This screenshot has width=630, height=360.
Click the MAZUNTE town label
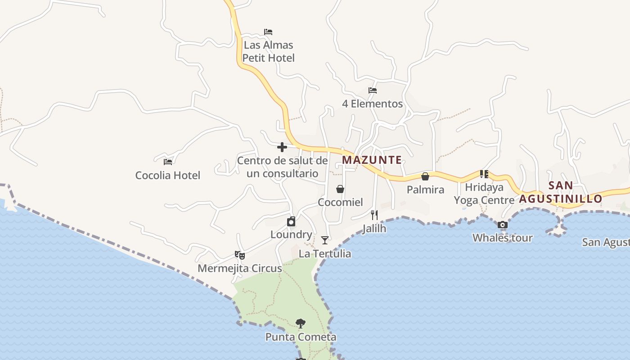(372, 160)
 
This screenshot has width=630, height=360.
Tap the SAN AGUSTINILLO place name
(561, 192)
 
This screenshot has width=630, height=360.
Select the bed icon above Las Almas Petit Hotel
(268, 32)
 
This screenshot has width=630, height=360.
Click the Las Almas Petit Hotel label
(269, 51)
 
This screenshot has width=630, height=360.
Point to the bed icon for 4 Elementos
(373, 90)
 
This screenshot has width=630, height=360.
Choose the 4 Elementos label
(372, 104)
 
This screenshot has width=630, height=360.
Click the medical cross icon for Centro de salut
(282, 147)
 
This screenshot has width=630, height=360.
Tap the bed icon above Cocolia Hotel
(168, 162)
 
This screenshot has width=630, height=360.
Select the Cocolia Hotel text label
(168, 175)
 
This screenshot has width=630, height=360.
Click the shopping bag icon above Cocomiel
(340, 189)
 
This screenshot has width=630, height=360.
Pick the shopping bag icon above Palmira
(425, 176)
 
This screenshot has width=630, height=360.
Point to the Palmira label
(425, 189)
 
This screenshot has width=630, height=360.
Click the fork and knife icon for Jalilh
(374, 215)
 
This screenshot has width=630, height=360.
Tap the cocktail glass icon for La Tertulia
(325, 240)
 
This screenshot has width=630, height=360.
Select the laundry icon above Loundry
(291, 221)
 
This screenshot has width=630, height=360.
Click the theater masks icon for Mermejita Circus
(240, 255)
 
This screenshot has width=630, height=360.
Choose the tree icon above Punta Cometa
(301, 323)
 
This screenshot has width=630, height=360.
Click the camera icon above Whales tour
(503, 225)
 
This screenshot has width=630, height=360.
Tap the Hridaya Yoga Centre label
(484, 193)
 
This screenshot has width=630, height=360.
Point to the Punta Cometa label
(301, 337)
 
